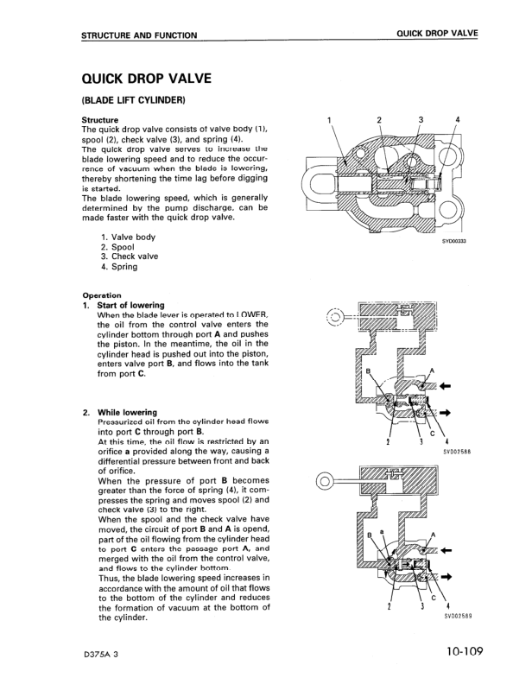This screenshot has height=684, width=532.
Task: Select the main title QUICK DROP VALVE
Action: (x=147, y=79)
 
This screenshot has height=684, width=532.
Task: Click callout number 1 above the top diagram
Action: (x=328, y=119)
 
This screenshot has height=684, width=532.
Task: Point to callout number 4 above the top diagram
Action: (x=458, y=119)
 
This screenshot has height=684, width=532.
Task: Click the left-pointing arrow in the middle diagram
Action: (x=446, y=386)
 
